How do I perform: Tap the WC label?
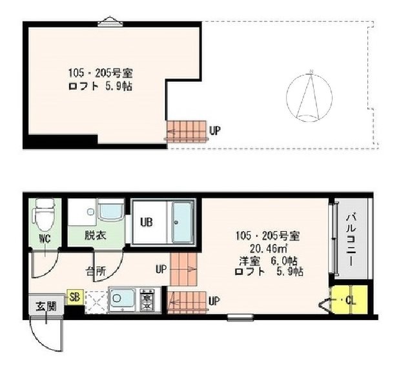(45, 238)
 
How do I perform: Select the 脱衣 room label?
(95, 236)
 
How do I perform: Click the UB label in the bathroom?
(147, 222)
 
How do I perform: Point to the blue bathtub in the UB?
(182, 223)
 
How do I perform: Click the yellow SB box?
(75, 297)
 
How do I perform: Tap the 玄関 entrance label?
(46, 306)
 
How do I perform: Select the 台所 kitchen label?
(96, 272)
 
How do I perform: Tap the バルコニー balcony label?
(350, 240)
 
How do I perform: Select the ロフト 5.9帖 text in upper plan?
(100, 86)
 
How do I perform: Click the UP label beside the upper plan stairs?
(214, 130)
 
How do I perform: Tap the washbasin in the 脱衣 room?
(110, 209)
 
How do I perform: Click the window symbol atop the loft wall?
(110, 22)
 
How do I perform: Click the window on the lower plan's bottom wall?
(241, 318)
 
